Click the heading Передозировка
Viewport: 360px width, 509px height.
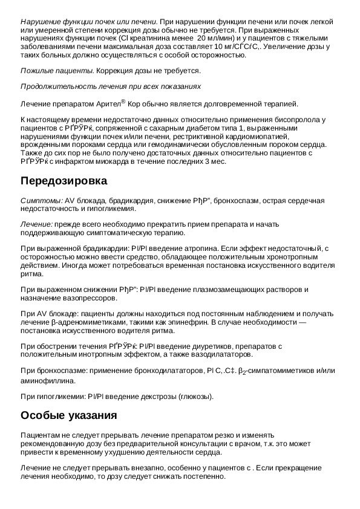64,181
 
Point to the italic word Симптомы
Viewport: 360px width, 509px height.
40,200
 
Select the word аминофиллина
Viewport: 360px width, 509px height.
48,381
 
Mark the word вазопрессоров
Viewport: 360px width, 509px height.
87,298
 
